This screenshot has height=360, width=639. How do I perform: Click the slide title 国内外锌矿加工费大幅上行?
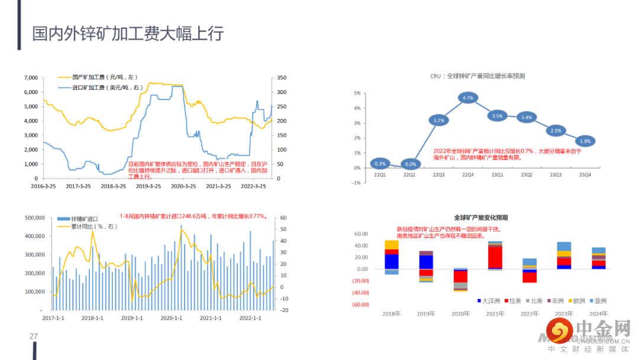[127, 33]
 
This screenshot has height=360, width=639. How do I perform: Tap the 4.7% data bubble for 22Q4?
[468, 98]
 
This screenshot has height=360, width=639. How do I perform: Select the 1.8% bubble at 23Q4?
[585, 141]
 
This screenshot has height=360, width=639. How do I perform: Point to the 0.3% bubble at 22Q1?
[380, 163]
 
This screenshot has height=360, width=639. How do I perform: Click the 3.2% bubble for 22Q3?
[439, 120]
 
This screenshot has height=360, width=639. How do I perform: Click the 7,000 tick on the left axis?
[31, 78]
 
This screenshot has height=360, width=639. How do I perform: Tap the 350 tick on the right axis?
[281, 78]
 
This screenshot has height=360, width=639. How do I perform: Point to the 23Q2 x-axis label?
[527, 175]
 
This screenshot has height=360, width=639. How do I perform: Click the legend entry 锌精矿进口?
[84, 219]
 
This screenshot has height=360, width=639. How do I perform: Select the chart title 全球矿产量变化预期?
[481, 217]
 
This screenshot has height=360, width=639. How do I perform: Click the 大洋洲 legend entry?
[489, 301]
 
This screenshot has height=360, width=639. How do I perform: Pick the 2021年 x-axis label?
[495, 313]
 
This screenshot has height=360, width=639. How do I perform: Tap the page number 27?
[34, 336]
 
